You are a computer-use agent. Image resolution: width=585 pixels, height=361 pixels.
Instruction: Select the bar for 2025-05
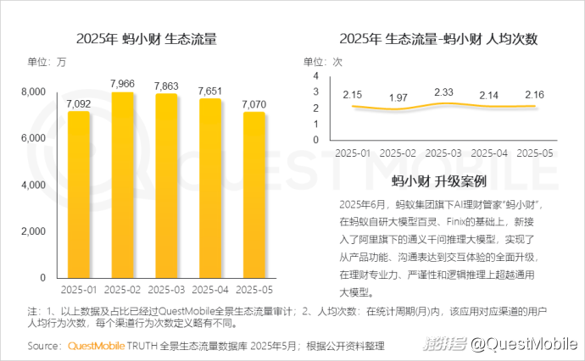254,195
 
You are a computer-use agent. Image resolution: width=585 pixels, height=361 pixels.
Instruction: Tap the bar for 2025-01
79,195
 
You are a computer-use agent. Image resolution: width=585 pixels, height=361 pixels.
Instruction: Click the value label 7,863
166,85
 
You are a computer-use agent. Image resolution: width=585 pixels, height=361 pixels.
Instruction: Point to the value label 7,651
210,90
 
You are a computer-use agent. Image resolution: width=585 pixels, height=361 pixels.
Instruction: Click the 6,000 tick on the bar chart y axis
33,138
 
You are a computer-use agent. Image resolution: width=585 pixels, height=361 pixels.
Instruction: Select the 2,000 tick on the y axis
33,231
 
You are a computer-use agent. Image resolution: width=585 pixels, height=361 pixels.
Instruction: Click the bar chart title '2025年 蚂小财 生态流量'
146,39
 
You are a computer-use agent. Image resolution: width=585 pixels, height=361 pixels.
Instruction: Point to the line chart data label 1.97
398,97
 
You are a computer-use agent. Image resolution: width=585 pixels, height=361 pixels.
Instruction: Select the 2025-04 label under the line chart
489,153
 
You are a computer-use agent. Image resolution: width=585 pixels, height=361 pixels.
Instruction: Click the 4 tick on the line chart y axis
315,76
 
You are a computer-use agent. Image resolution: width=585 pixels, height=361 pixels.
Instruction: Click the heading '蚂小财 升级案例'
438,181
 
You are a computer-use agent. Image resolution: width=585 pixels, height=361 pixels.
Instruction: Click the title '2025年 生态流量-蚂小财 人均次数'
438,39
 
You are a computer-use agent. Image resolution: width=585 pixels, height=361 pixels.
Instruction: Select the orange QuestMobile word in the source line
94,346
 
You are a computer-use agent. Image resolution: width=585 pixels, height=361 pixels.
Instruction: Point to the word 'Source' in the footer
43,346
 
